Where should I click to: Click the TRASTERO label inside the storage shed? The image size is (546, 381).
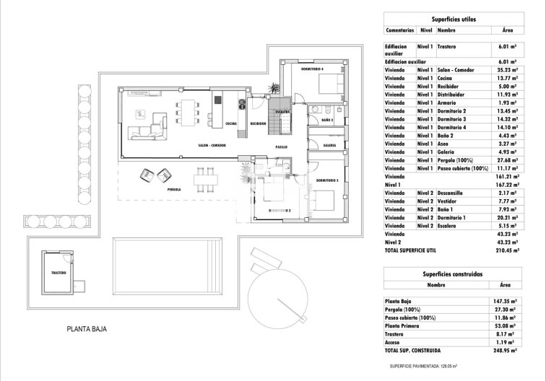click(59, 273)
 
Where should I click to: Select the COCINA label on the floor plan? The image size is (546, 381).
click(231, 123)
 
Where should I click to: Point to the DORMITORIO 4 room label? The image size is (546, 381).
click(296, 70)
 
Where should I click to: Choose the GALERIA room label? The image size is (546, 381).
click(329, 144)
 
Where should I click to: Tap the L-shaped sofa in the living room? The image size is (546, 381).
click(147, 131)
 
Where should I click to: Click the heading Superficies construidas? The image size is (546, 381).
click(452, 275)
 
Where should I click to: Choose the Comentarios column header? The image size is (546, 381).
click(399, 31)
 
